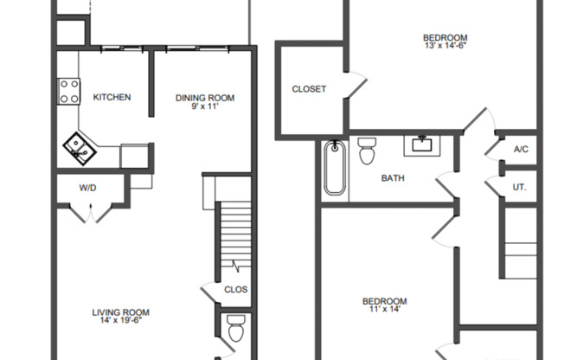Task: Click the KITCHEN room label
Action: [112, 97]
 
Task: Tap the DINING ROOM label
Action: [205, 97]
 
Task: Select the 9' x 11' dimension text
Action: [205, 107]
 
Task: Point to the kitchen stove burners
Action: [69, 91]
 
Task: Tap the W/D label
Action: [87, 187]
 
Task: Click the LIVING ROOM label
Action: [121, 312]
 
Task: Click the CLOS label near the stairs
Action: [234, 290]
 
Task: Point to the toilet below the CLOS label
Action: [235, 329]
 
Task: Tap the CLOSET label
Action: [309, 89]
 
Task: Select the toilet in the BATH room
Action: [366, 151]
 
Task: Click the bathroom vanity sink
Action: [424, 144]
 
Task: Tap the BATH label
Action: [394, 179]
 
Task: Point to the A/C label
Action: [521, 150]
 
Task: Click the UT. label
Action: [520, 186]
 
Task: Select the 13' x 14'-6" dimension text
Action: [445, 48]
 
